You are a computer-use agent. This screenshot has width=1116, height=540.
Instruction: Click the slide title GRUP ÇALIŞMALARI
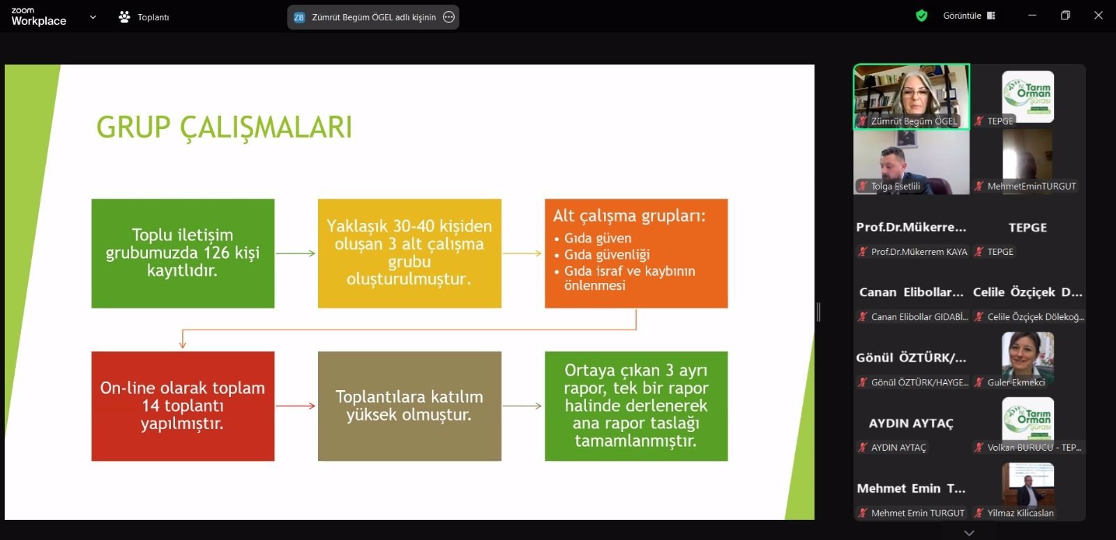pos(224,128)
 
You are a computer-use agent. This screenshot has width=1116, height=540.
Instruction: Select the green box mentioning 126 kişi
pos(183,254)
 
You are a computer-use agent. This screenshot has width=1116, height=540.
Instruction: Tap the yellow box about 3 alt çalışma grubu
pos(409,254)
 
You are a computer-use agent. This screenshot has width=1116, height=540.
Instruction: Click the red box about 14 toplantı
pos(183,406)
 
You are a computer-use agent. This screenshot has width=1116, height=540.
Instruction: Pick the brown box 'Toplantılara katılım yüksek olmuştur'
pos(409,406)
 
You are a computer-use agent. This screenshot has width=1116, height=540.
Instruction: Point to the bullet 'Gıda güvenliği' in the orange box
pos(607,255)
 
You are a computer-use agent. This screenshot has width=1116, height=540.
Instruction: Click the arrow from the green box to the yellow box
pos(296,254)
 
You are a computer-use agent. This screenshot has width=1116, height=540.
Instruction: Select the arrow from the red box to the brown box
pos(296,406)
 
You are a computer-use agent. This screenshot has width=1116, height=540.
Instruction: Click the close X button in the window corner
pos(1098,15)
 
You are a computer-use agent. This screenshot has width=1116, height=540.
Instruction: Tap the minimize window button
pos(1032,15)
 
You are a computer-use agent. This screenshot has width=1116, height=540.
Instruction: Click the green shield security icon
pos(921,16)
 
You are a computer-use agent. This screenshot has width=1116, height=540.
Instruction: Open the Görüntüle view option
pos(969,15)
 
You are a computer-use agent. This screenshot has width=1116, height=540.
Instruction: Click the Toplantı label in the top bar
pos(153,17)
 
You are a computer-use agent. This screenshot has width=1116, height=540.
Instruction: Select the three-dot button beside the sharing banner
pos(449,17)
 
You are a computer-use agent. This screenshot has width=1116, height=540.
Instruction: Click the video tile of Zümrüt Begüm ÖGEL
pos(911,97)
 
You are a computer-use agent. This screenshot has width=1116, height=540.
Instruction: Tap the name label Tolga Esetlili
pos(896,186)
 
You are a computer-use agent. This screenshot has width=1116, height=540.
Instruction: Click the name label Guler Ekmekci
pos(1016,383)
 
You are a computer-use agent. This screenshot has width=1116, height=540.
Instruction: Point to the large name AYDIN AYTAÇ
pos(911,424)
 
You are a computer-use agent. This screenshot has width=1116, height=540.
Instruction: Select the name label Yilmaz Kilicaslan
pos(1020,513)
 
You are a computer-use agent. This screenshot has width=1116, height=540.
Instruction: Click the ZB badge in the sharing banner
pos(299,17)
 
